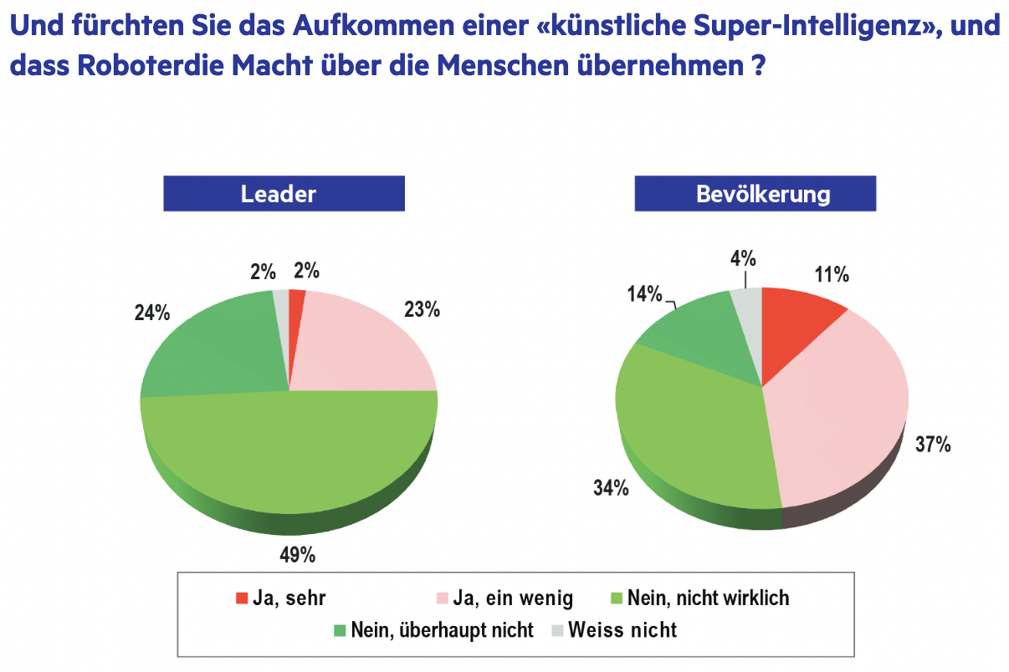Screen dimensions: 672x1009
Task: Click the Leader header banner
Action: [x=279, y=194]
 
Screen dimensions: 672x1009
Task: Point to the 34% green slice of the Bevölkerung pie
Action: [x=694, y=435]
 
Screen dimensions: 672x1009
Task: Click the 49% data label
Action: [x=297, y=554]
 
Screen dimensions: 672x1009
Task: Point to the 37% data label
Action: [x=932, y=445]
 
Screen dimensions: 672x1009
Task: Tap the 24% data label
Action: [x=152, y=313]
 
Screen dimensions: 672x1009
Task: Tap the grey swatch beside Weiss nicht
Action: [x=558, y=630]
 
